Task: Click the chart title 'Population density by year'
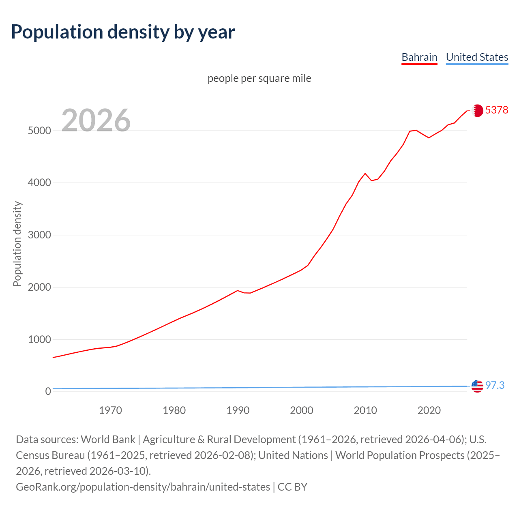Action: [123, 32]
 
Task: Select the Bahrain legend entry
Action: [419, 57]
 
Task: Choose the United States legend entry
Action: [477, 57]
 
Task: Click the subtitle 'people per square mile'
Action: [259, 78]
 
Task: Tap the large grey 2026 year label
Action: [96, 120]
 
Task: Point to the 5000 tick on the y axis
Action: [39, 131]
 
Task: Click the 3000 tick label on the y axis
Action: [39, 235]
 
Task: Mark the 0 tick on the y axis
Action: [48, 391]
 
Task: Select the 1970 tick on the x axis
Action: [110, 410]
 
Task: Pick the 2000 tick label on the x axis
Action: [302, 410]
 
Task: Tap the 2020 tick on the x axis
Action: [429, 410]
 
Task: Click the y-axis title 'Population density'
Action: [17, 244]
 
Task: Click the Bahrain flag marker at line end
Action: [478, 110]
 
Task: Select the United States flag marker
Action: [477, 386]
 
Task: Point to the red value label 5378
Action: [497, 110]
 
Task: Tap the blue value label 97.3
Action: [495, 385]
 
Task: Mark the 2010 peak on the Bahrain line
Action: [365, 173]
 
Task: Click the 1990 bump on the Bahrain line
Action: [238, 290]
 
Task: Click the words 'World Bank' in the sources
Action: [108, 440]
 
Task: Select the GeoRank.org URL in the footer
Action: [143, 487]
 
